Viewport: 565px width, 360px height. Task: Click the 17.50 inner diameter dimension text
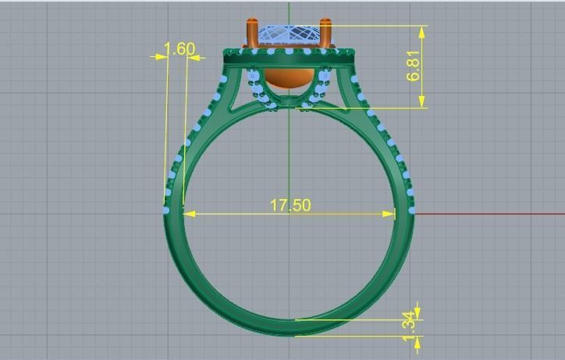[290, 205]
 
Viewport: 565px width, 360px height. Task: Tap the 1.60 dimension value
[179, 49]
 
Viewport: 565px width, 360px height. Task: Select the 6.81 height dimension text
[414, 66]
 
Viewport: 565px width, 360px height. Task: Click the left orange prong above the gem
[251, 34]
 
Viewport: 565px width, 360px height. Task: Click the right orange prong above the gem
[328, 34]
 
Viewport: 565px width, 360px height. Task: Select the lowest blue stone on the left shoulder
[165, 210]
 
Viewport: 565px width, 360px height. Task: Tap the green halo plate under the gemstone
[290, 56]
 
